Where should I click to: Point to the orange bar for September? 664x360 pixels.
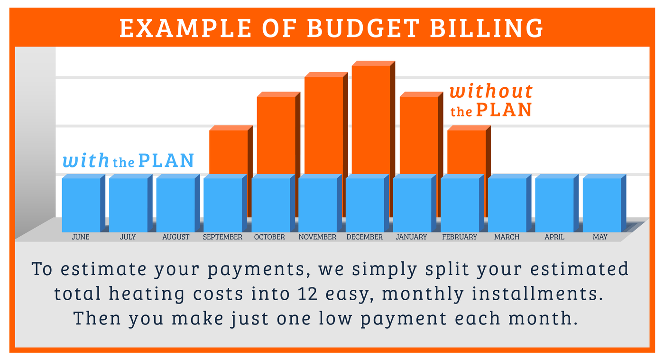coord(231,150)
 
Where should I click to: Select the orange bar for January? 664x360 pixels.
coord(421,133)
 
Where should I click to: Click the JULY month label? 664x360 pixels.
coord(128,237)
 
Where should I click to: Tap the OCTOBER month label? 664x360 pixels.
coord(269,237)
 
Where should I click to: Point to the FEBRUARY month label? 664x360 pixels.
coord(460,237)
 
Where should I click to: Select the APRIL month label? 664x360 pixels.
coord(554,237)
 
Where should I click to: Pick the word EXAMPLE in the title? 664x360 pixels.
coord(185,28)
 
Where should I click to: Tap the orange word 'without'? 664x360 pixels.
coord(491,91)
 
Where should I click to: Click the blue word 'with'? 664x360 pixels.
coord(86,160)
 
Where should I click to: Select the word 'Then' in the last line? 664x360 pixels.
coord(97,318)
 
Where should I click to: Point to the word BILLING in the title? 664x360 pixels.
coord(487,28)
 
